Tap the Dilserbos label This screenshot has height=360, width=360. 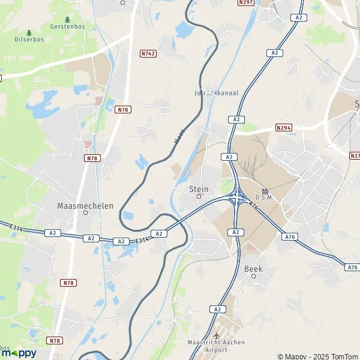(29, 40)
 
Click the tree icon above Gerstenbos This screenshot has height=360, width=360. (67, 20)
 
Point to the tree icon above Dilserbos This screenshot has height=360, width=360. (29, 32)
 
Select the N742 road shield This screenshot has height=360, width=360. (148, 54)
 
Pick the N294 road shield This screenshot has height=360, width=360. (284, 128)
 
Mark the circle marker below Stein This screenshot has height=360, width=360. (199, 196)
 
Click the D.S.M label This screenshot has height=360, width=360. (265, 197)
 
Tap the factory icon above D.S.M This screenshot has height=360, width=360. (265, 190)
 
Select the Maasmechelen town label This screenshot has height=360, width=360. (85, 205)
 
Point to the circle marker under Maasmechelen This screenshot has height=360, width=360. (85, 212)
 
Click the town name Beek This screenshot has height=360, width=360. (253, 269)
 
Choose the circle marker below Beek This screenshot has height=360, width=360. (253, 276)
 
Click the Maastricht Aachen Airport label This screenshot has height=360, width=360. (217, 346)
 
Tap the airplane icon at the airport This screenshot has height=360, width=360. (217, 335)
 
